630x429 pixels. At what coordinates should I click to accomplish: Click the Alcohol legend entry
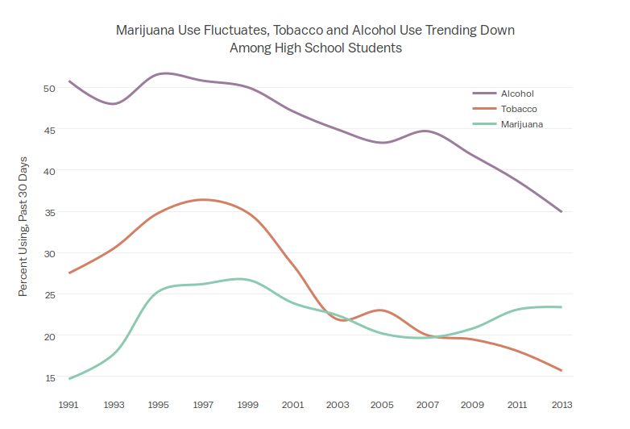[x=516, y=94]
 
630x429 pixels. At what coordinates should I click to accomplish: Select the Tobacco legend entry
[x=518, y=109]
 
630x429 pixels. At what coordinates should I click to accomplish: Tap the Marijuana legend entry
[x=521, y=124]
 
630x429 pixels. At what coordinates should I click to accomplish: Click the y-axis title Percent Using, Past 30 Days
[x=23, y=227]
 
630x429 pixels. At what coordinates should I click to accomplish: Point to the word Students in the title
[x=375, y=48]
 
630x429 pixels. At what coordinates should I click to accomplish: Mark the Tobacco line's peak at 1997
[x=204, y=199]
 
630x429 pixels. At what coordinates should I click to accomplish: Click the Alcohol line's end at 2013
[x=561, y=211]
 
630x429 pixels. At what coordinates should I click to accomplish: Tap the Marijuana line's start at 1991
[x=70, y=378]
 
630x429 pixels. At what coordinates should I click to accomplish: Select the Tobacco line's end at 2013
[x=561, y=371]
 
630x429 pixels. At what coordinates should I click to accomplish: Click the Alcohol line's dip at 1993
[x=114, y=104]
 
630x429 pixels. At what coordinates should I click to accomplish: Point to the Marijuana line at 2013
[x=561, y=307]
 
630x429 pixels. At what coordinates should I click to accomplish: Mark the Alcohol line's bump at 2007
[x=427, y=131]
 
